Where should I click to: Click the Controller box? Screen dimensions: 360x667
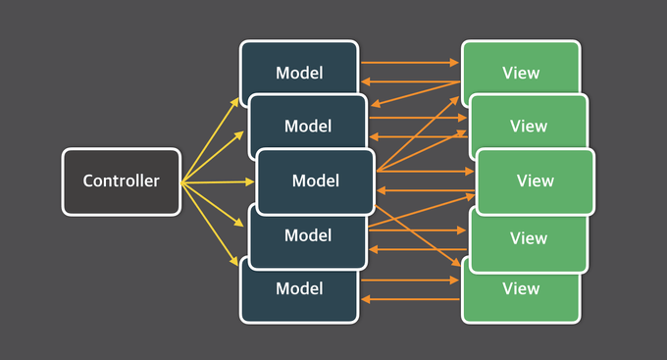click(121, 181)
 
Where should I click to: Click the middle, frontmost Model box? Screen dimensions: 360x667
click(315, 181)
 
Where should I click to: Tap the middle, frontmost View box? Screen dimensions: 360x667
click(535, 181)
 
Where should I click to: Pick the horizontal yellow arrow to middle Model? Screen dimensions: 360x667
click(216, 181)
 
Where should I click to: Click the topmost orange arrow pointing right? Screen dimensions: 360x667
click(410, 63)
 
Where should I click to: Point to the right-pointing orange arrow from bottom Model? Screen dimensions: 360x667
click(410, 281)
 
